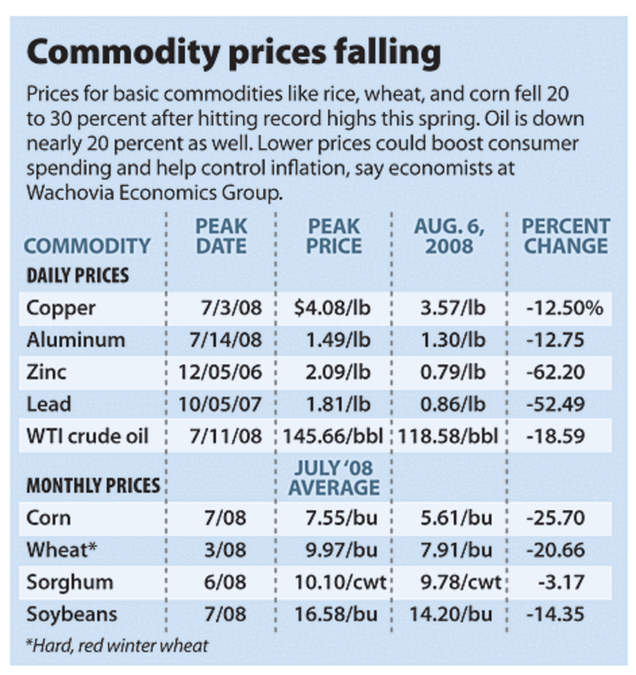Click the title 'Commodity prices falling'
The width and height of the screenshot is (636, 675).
(x=234, y=53)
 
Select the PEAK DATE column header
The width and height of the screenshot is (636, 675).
(x=222, y=236)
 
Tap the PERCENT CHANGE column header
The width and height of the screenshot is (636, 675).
(x=565, y=236)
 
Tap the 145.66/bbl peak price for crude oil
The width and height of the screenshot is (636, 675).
(x=335, y=436)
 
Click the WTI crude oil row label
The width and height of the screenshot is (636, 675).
(x=88, y=436)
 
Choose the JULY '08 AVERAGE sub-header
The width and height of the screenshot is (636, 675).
(x=335, y=478)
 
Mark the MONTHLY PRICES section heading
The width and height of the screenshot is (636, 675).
(x=94, y=486)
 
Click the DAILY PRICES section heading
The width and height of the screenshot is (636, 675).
(x=78, y=275)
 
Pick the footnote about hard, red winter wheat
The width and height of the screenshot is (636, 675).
(x=116, y=647)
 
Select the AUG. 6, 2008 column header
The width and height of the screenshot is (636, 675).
(x=450, y=236)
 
